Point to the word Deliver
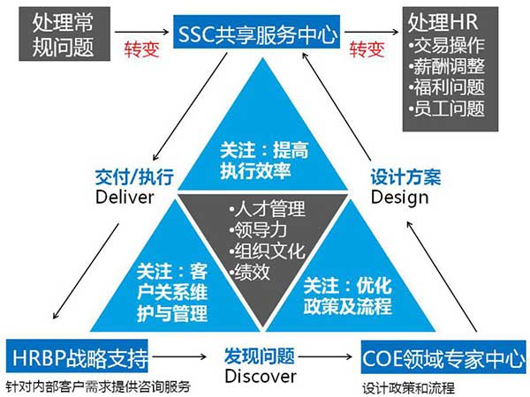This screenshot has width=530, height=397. (125, 194)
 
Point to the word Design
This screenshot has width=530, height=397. (399, 194)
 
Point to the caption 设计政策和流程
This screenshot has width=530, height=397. (403, 387)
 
